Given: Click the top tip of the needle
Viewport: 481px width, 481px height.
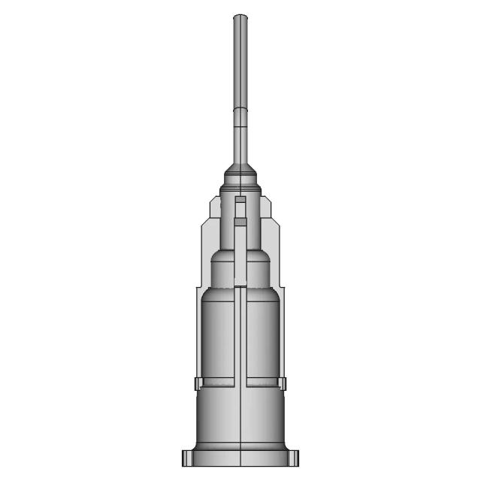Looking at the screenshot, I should click(240, 17).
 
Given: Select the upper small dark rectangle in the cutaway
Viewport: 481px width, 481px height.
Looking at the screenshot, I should click(240, 201).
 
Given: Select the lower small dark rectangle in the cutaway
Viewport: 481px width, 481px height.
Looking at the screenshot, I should click(240, 222).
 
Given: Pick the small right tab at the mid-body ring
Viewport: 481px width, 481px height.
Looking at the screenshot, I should click(285, 384).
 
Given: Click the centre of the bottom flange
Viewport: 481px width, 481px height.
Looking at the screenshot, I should click(240, 458).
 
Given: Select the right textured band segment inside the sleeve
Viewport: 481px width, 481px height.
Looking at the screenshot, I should click(263, 383).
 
